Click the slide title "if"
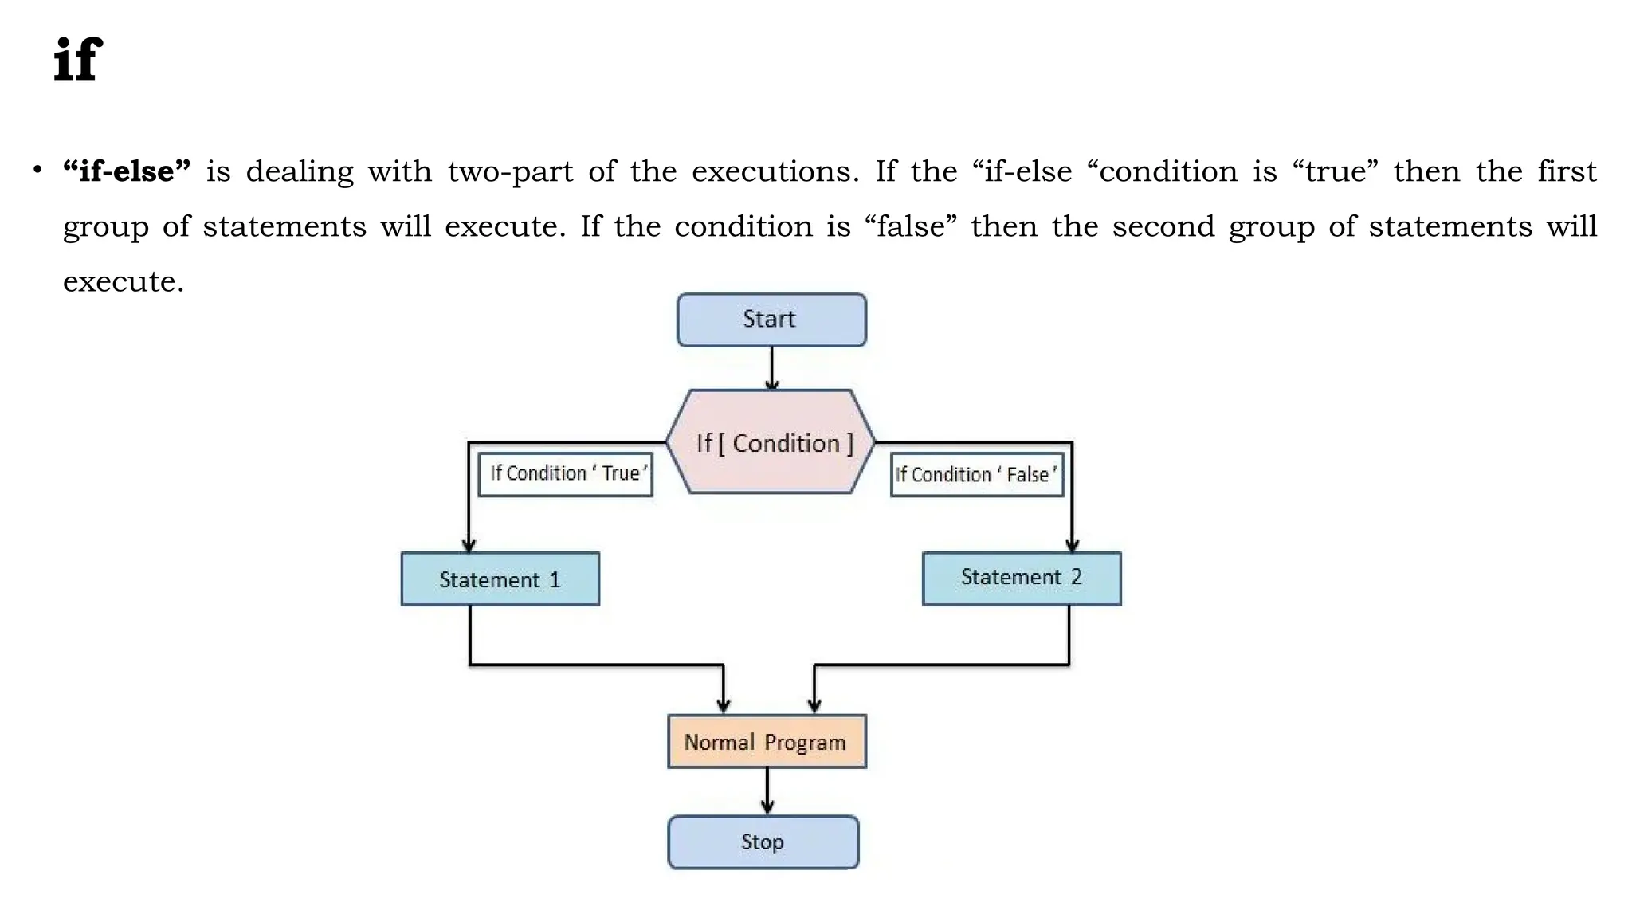78,60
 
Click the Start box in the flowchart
771,320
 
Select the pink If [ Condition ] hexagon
771,442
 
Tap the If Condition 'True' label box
565,474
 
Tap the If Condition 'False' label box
976,475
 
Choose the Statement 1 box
500,579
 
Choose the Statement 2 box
1021,579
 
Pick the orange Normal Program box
766,742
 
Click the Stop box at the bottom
763,842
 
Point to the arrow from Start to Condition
771,367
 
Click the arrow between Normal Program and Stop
767,791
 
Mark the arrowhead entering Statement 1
469,545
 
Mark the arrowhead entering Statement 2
1072,545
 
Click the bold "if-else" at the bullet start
127,171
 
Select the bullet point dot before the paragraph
37,170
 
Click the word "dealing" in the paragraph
300,172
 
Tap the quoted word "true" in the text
1341,171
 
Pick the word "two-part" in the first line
510,172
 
